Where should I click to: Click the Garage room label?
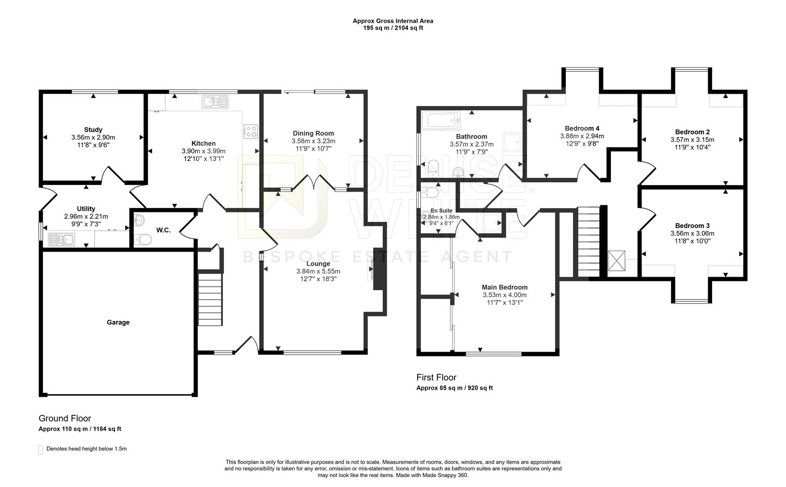click(x=118, y=322)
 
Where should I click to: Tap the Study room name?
click(x=93, y=130)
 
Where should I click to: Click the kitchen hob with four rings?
click(x=250, y=131)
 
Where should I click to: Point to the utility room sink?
click(x=62, y=239)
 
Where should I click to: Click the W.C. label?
click(x=163, y=230)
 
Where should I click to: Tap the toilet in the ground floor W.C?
click(x=143, y=239)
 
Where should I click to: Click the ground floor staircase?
click(x=210, y=298)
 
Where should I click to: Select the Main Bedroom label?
click(x=504, y=287)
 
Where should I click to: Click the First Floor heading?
click(x=436, y=377)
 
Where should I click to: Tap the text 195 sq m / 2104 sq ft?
click(x=393, y=28)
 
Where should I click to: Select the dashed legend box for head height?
click(x=41, y=449)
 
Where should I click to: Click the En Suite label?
click(x=441, y=211)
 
